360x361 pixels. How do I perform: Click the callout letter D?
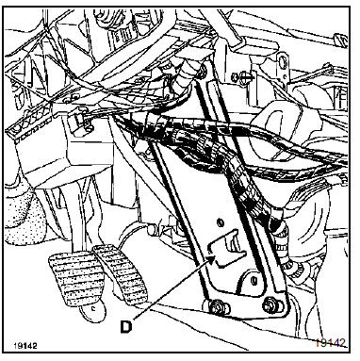tap(126, 326)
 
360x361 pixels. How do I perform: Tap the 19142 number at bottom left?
tap(25, 346)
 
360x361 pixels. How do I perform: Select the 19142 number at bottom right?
tap(331, 342)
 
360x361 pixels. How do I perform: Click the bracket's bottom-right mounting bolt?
tap(270, 304)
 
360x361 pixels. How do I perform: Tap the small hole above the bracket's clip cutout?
tap(221, 222)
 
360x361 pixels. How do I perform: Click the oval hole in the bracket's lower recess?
tap(254, 280)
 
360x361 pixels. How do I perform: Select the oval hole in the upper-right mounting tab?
tap(284, 60)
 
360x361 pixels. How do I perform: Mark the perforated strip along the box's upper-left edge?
tap(31, 125)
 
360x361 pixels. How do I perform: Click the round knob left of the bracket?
tap(154, 229)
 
